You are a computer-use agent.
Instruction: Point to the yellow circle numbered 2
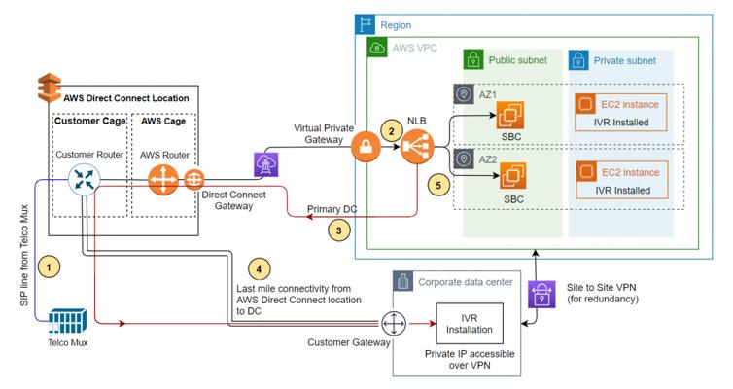tap(391, 129)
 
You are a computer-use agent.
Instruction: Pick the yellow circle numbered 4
tap(257, 268)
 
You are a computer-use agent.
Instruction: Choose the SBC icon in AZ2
tap(512, 177)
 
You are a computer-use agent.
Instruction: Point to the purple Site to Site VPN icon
tap(538, 295)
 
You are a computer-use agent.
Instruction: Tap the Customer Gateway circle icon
tap(392, 322)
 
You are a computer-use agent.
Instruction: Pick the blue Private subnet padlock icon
tap(580, 60)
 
